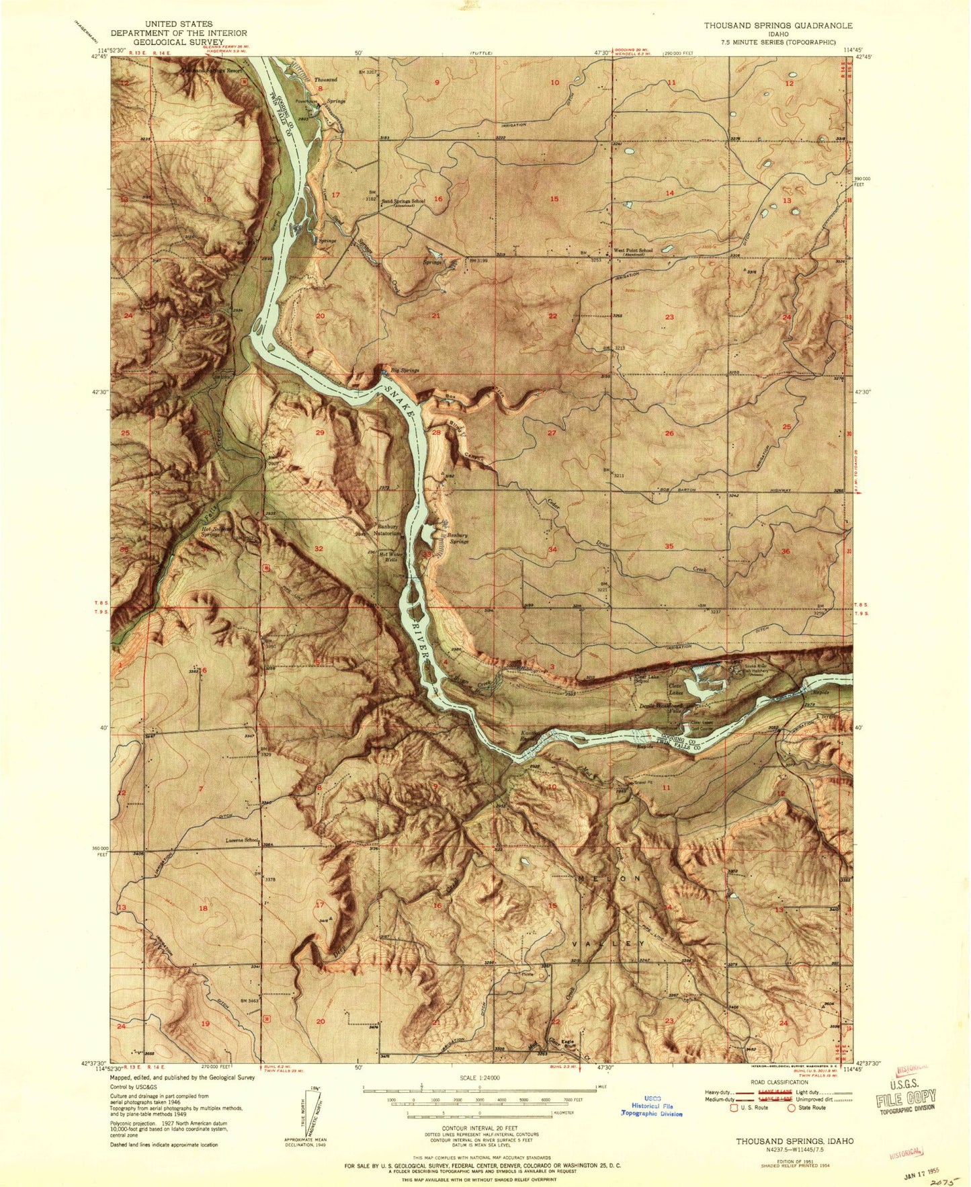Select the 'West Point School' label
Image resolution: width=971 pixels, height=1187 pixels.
coord(632,251)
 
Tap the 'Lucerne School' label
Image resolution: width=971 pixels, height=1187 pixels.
coord(243,840)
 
